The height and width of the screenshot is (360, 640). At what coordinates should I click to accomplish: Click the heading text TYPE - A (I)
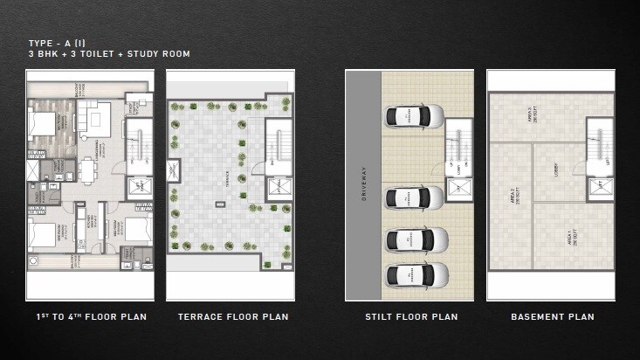pos(58,43)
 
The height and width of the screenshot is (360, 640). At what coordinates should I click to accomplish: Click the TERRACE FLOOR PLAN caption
pos(233,316)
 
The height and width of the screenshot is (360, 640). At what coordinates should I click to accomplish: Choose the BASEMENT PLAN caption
pos(552,316)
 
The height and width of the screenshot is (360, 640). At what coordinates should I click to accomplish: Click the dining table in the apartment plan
pos(87,170)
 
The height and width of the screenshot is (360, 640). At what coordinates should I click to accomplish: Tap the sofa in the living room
pos(96,115)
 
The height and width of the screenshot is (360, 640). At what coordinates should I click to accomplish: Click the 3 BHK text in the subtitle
pos(43,54)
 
